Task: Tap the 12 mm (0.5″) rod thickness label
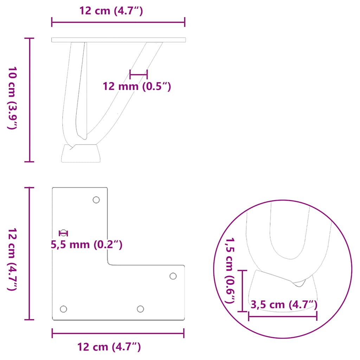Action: (x=137, y=86)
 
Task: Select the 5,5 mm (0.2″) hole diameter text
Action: (x=87, y=244)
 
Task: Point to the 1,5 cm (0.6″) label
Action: (x=231, y=271)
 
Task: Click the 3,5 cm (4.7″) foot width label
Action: (x=284, y=305)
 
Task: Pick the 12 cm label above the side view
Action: (x=111, y=11)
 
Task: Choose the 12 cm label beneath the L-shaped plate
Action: (x=109, y=347)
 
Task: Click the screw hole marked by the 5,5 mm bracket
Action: (x=63, y=233)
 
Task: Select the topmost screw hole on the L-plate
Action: (x=96, y=200)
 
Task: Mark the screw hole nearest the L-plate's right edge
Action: (x=173, y=276)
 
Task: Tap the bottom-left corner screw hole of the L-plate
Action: (x=63, y=309)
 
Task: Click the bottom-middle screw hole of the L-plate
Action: (x=140, y=309)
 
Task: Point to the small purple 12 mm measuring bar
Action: (x=139, y=74)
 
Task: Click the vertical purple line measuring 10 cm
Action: (x=30, y=100)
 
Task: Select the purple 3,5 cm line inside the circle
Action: (x=283, y=316)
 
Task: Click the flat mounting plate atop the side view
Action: (x=118, y=40)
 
